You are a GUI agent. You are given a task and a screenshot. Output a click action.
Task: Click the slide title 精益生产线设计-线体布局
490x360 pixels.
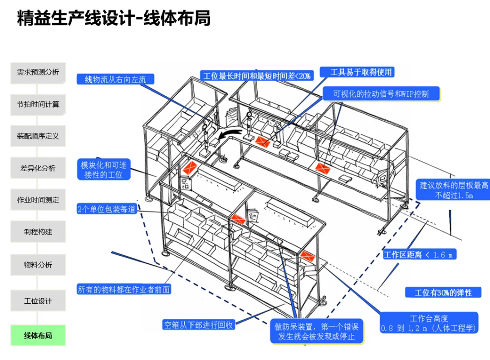click(x=113, y=19)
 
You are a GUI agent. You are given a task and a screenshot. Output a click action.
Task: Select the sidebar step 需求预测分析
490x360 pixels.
click(x=38, y=72)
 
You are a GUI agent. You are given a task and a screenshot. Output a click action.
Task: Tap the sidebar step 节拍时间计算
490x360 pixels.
click(x=38, y=104)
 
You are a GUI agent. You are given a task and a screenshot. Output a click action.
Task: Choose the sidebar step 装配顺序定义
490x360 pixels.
click(x=38, y=136)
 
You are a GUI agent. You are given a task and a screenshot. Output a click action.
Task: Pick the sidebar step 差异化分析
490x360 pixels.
click(x=38, y=168)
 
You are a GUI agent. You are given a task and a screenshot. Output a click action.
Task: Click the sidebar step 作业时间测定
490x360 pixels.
click(x=38, y=200)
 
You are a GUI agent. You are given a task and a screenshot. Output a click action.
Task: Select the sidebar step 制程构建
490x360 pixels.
click(x=38, y=232)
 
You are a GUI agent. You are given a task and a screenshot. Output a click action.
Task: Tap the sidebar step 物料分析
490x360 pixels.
click(x=38, y=265)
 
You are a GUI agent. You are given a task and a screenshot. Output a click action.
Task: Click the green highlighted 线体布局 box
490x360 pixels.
click(x=38, y=335)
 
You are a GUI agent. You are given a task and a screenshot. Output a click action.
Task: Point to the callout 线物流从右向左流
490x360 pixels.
click(x=115, y=79)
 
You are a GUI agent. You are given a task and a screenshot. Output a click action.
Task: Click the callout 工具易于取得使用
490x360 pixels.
click(x=357, y=72)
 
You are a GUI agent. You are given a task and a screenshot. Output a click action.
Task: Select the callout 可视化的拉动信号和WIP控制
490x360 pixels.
click(x=381, y=94)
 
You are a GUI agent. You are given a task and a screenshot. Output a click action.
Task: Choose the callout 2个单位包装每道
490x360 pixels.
click(x=107, y=209)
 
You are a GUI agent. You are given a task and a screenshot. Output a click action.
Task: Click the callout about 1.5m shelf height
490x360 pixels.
click(x=453, y=190)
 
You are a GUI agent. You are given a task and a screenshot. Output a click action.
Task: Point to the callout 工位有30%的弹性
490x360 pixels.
click(x=443, y=292)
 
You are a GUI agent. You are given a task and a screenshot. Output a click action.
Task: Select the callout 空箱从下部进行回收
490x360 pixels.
click(x=198, y=325)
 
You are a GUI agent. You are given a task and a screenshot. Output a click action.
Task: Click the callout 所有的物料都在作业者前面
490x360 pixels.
click(x=124, y=289)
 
